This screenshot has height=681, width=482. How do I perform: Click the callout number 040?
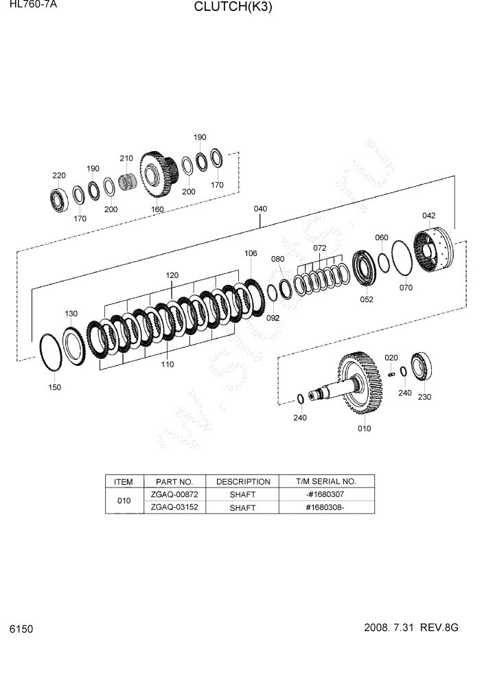[x=260, y=209]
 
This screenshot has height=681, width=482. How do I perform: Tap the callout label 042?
[x=428, y=216]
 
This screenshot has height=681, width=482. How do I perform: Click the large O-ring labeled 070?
[x=402, y=259]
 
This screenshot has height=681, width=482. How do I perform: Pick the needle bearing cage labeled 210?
[x=126, y=184]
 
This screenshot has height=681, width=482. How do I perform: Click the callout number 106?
[x=251, y=253]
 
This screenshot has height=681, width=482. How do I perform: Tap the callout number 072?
[x=320, y=248]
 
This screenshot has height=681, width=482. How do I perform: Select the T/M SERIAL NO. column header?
[x=326, y=481]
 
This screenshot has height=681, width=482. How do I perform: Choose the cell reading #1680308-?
[x=326, y=507]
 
